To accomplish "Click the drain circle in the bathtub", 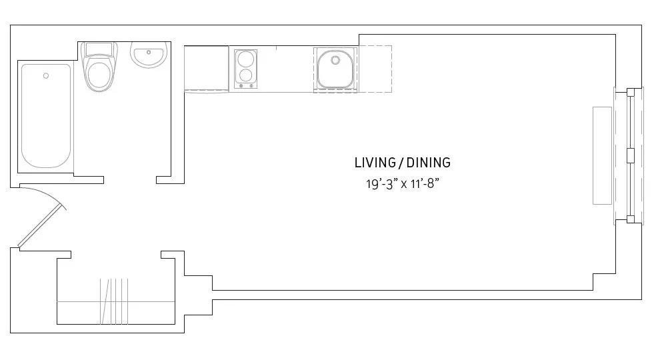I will pos(46,76).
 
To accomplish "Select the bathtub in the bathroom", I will pos(46,117).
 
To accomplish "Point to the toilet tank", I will pos(99,49).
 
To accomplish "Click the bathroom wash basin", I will pos(149,56).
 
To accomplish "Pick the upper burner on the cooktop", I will pos(246,58).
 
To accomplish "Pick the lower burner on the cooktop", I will pos(246,75).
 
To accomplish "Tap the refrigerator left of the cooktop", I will pos(206,67).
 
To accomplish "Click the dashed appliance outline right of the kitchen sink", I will pos(375,69).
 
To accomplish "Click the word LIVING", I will pos(375,163).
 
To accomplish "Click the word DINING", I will pos(429,163).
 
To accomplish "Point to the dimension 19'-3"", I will pos(380,184).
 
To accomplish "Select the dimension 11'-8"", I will pos(424,184).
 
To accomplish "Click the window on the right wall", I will pos(631,155).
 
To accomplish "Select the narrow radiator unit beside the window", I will pos(602,155).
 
